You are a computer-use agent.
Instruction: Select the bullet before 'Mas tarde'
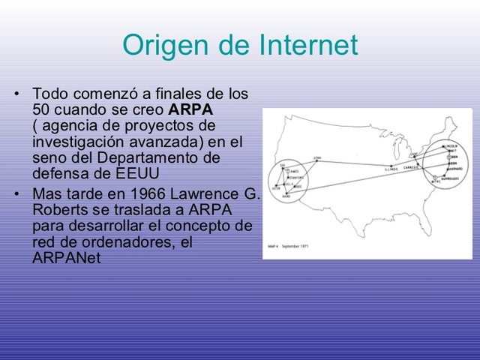point(17,194)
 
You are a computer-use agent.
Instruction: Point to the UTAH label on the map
point(317,157)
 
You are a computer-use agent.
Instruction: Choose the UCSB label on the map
point(277,190)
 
